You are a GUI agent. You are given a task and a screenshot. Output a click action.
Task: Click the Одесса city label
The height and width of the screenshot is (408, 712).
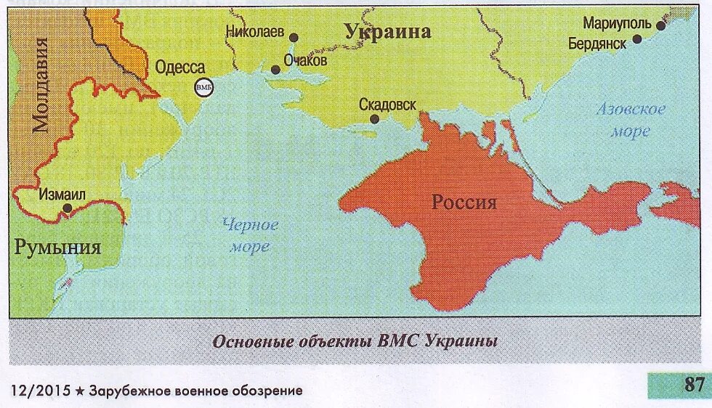pyautogui.click(x=180, y=68)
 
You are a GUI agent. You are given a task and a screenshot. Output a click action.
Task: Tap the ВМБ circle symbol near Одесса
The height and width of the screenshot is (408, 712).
pyautogui.click(x=203, y=87)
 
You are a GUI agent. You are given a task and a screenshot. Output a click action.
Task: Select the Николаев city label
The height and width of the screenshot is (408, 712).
pyautogui.click(x=255, y=32)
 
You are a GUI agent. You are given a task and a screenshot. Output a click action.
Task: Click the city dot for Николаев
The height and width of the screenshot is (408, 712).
pyautogui.click(x=294, y=37)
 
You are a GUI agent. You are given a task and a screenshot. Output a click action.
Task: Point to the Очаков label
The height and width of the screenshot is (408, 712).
pyautogui.click(x=305, y=60)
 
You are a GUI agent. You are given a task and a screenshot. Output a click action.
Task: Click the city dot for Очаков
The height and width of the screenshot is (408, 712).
pyautogui.click(x=275, y=70)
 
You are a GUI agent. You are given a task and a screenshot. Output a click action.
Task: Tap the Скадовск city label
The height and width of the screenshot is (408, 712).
pyautogui.click(x=387, y=105)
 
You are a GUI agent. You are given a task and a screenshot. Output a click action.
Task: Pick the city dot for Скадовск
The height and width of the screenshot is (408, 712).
pyautogui.click(x=373, y=119)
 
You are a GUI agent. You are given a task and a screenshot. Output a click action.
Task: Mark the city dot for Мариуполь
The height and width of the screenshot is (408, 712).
pyautogui.click(x=660, y=25)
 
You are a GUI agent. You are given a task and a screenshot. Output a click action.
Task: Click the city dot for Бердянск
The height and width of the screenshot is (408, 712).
pyautogui.click(x=637, y=38)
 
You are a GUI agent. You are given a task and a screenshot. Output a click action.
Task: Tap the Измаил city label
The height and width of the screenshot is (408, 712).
pyautogui.click(x=62, y=194)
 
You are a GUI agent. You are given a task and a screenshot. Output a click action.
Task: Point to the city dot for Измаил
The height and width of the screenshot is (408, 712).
pyautogui.click(x=67, y=208)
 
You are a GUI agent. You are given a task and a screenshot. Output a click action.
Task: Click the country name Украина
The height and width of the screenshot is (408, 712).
pyautogui.click(x=387, y=31)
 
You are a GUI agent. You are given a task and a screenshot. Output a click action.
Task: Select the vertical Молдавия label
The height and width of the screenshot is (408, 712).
pyautogui.click(x=42, y=86)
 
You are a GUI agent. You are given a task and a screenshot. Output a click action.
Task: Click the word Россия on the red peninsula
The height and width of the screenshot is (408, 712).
pyautogui.click(x=464, y=202)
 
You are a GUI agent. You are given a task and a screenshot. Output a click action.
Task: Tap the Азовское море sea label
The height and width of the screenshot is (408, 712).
pyautogui.click(x=631, y=121)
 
